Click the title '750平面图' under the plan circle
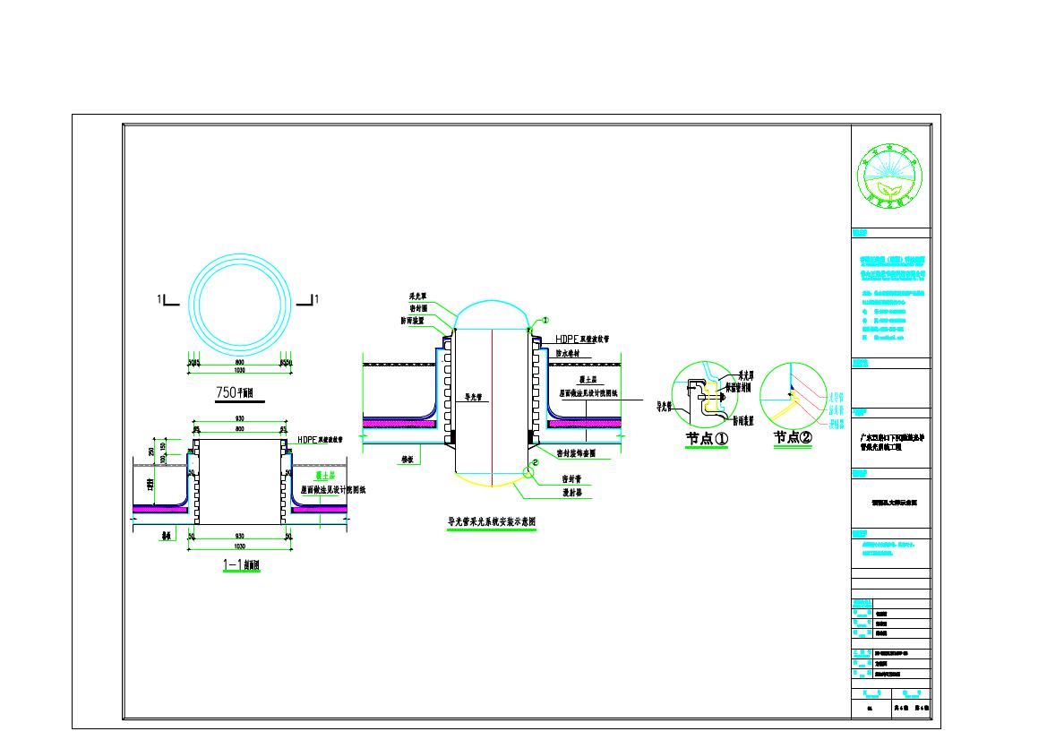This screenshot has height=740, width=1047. point(236,392)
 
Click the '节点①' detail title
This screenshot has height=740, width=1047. point(708,438)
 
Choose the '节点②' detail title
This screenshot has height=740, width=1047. point(794,438)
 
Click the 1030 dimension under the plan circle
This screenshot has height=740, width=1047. point(239,370)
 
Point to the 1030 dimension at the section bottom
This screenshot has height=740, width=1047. point(239,544)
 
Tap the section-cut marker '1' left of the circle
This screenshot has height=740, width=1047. point(159,298)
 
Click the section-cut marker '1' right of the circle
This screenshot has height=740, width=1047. point(317,298)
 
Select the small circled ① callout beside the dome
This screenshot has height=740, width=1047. point(543,320)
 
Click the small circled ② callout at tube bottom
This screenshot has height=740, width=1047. point(535,463)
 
